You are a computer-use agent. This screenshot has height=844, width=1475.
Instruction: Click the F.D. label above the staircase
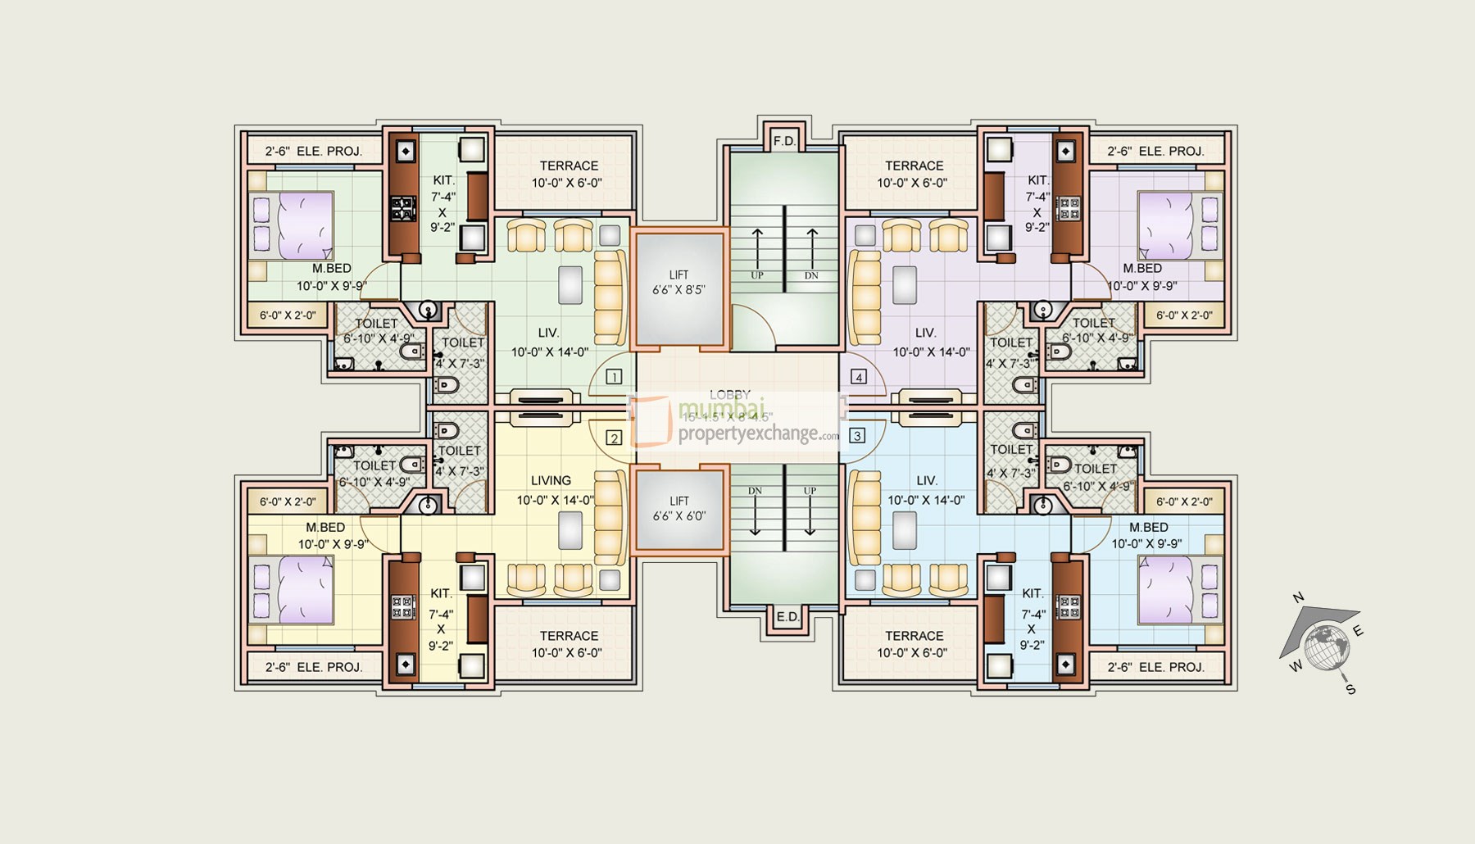(784, 141)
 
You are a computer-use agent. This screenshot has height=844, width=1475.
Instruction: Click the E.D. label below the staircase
(787, 617)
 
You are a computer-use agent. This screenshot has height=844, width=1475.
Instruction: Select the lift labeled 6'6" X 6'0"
(678, 509)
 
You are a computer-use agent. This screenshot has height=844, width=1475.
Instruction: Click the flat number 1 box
(613, 377)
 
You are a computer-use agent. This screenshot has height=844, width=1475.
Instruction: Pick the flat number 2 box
(613, 438)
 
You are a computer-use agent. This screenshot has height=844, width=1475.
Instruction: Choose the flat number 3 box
(857, 435)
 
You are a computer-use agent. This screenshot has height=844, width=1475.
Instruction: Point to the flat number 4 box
(858, 377)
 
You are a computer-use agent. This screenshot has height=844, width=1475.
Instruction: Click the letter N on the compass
(1298, 598)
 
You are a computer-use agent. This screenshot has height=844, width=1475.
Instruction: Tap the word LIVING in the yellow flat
(551, 481)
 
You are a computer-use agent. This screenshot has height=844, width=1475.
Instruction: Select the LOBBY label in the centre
(729, 395)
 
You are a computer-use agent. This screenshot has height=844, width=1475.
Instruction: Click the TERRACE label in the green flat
(569, 166)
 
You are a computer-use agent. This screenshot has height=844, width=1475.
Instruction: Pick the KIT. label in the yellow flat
(441, 593)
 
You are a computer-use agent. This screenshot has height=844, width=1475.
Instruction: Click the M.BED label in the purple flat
(1142, 269)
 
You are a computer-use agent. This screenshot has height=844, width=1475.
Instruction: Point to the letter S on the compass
(1350, 690)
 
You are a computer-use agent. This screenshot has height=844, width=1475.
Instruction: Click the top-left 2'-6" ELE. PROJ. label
(314, 152)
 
